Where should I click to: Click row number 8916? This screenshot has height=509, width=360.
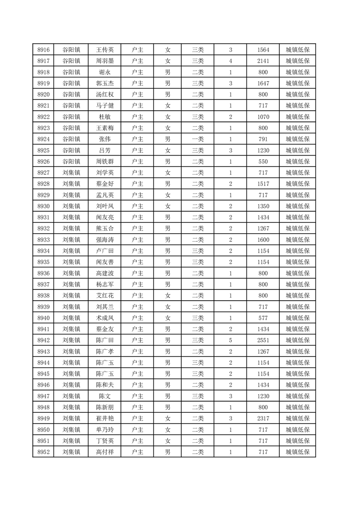click(44, 50)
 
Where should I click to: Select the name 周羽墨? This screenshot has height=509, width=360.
click(105, 61)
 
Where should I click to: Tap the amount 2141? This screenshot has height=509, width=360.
click(263, 61)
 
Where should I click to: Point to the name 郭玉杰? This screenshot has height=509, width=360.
click(105, 83)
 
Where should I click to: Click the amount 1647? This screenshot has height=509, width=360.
click(263, 83)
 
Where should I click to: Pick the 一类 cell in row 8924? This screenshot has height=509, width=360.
click(197, 139)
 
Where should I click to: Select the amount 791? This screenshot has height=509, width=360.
click(263, 139)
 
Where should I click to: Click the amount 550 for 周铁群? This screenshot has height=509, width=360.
click(263, 161)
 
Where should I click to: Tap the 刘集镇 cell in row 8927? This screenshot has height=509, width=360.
click(71, 172)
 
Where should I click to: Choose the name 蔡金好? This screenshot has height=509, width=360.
click(105, 183)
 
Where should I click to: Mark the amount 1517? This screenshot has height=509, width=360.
click(263, 183)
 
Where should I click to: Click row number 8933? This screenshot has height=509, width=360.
click(44, 239)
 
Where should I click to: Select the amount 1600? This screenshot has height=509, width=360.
click(263, 239)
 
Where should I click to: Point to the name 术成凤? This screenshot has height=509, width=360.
click(105, 317)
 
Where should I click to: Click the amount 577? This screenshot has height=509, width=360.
click(263, 317)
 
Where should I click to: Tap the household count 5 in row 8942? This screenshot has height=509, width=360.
click(231, 339)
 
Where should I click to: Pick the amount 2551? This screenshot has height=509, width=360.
click(263, 339)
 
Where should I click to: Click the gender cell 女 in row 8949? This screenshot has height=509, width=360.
click(168, 417)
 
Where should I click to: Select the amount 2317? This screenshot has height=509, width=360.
click(263, 417)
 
